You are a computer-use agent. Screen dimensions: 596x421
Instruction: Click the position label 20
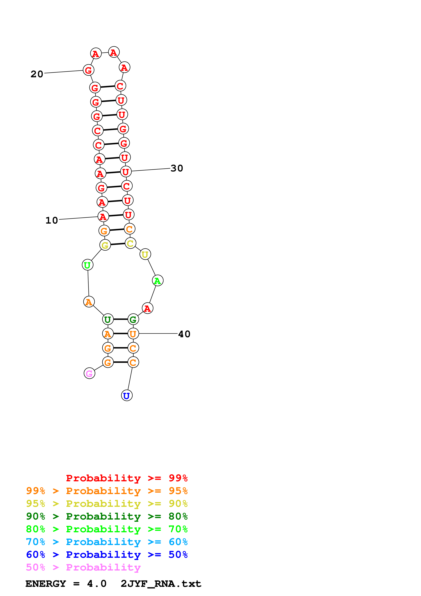[37, 74]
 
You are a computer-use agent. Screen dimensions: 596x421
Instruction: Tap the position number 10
[52, 220]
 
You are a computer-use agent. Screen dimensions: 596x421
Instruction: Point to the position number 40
[184, 334]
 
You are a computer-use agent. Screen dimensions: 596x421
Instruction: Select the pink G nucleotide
[89, 373]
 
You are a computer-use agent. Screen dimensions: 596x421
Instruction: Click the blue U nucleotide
[127, 396]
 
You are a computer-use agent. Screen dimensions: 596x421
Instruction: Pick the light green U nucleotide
[87, 265]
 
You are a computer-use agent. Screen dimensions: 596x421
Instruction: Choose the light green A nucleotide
[157, 281]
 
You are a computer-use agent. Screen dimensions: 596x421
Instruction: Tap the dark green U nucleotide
[108, 319]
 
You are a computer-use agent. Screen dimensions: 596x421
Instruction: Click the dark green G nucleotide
[133, 319]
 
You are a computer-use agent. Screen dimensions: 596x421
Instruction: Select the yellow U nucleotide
[145, 254]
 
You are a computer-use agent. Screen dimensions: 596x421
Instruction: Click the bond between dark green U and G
[120, 319]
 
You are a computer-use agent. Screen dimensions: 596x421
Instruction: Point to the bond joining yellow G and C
[118, 244]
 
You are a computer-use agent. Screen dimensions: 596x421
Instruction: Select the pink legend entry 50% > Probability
[83, 567]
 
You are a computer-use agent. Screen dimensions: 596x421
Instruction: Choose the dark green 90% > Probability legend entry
[107, 516]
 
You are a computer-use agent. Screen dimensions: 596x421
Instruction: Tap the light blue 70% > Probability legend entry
[107, 542]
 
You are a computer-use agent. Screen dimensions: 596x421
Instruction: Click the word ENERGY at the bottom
[46, 584]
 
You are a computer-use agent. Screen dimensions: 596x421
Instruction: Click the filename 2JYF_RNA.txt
[161, 584]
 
